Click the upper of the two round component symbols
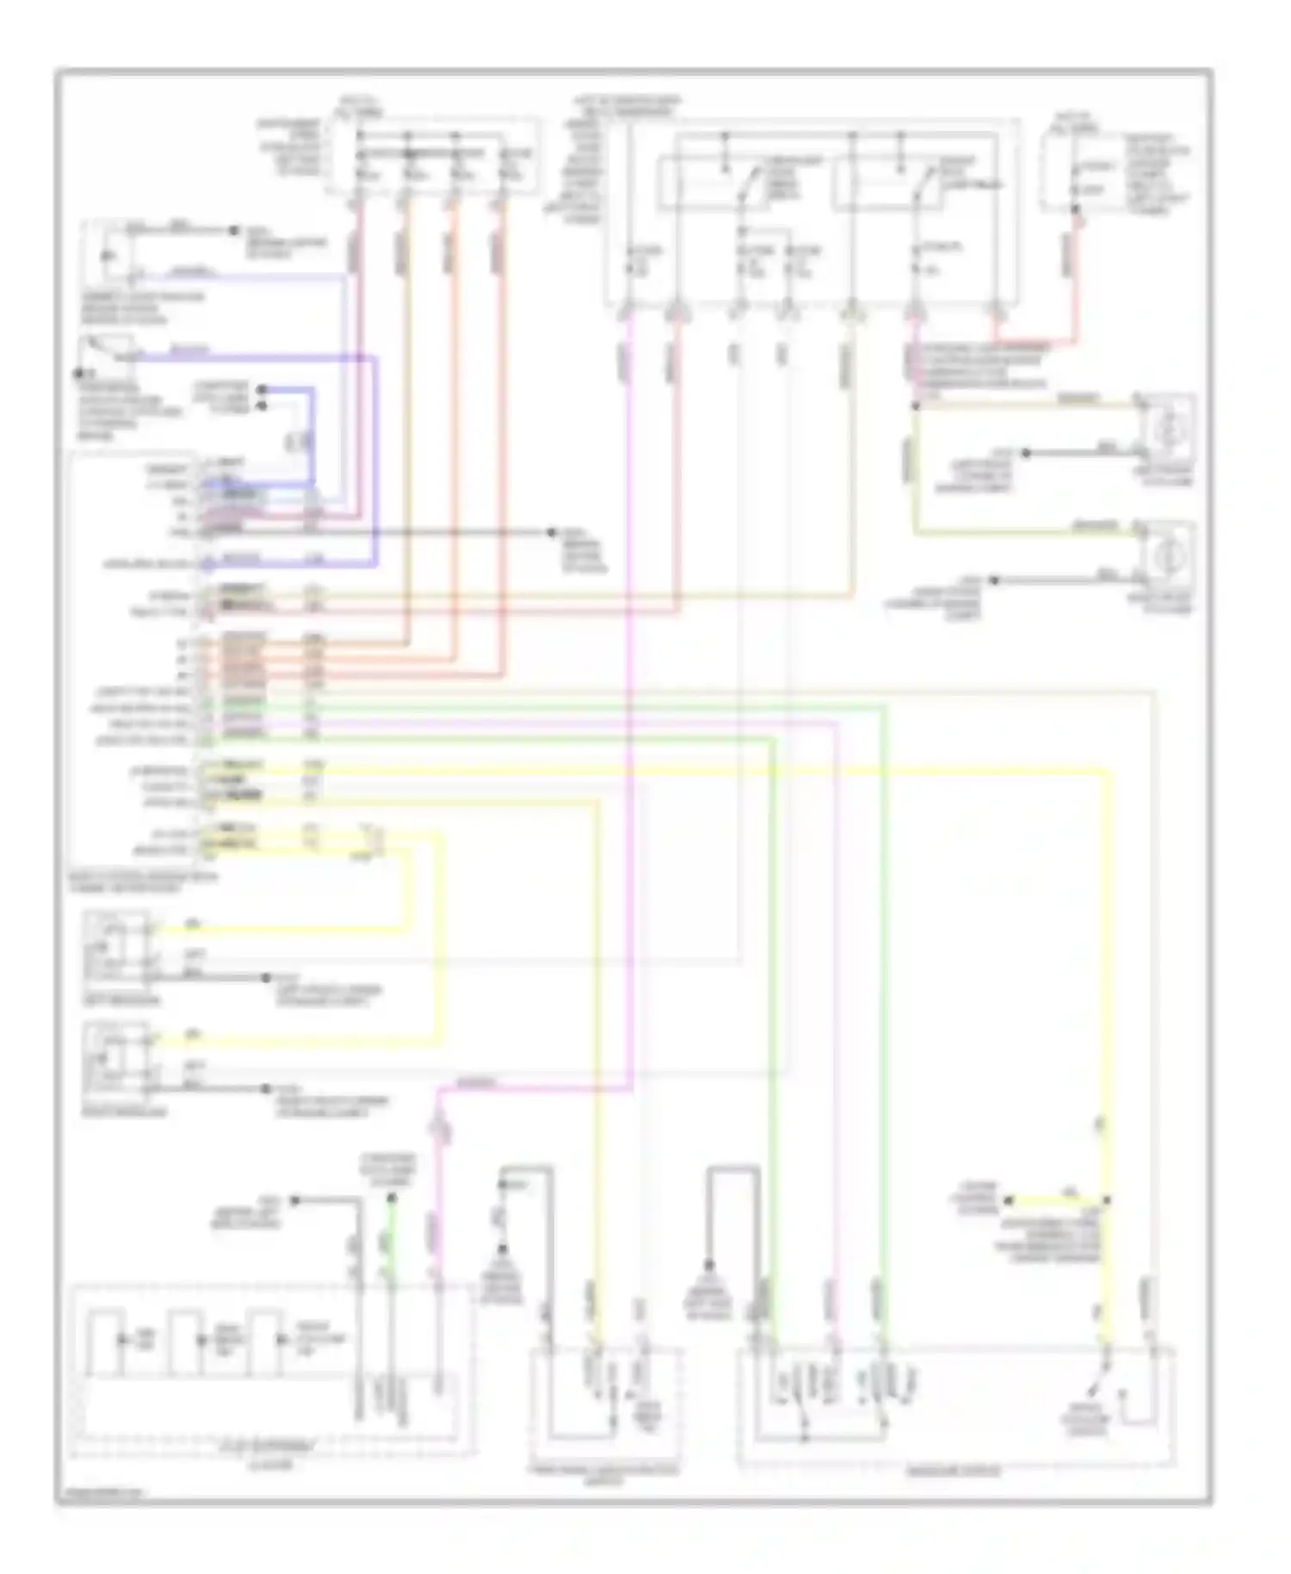coord(1168,425)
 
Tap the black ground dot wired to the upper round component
coord(1025,452)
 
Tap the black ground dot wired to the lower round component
coord(994,580)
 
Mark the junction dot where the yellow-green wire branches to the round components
coord(915,405)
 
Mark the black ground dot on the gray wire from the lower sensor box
coord(266,1089)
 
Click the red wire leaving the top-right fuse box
coord(1074,276)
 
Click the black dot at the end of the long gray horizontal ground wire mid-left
coord(552,533)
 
